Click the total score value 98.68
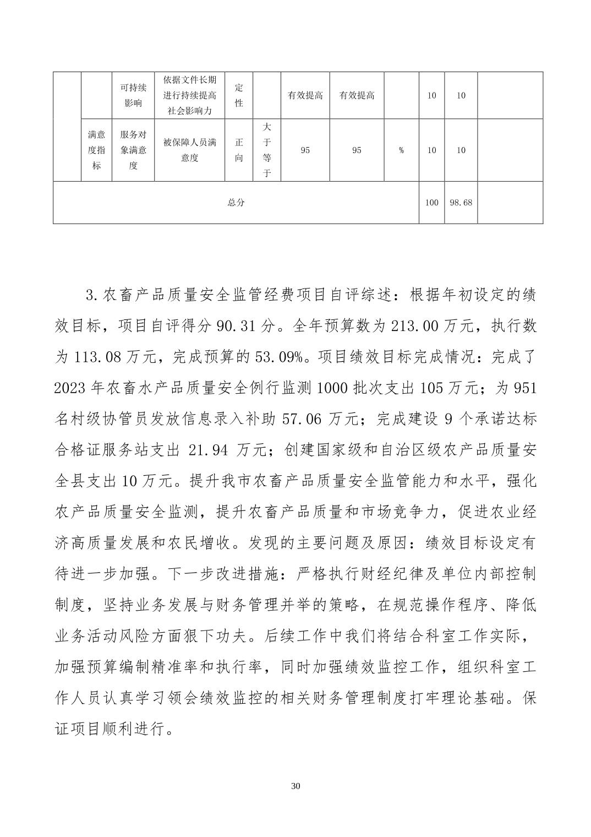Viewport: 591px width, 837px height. point(461,203)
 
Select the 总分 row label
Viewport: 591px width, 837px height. point(236,203)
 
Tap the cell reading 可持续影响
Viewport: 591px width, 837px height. point(133,95)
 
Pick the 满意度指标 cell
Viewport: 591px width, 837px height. point(96,150)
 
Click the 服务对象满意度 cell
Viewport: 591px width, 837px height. point(133,150)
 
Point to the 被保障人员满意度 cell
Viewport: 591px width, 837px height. point(190,150)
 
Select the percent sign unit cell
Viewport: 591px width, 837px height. point(401,150)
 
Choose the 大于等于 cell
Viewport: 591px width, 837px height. point(267,150)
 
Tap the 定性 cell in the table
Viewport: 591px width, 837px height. point(239,95)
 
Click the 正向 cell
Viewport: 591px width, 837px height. point(239,150)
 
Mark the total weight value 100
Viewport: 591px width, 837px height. point(431,203)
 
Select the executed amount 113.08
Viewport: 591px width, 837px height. point(96,357)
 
